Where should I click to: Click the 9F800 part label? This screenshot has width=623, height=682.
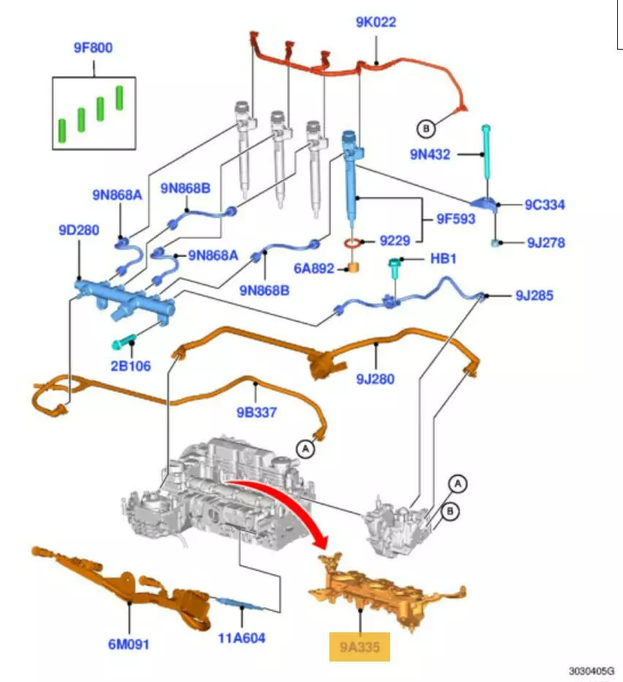click(93, 48)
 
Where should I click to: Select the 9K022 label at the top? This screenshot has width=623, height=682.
click(376, 22)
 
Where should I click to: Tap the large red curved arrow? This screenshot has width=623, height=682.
click(288, 508)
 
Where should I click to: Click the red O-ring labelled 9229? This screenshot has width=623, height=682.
click(353, 242)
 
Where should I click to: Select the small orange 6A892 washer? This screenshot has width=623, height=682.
click(353, 268)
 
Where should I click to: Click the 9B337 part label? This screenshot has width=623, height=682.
click(256, 412)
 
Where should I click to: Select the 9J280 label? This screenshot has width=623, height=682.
click(375, 379)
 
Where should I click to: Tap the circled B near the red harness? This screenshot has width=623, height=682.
click(426, 129)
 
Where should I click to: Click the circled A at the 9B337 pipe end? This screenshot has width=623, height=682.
click(305, 448)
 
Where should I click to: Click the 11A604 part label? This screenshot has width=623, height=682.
click(242, 638)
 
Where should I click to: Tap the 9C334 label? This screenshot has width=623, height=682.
click(544, 205)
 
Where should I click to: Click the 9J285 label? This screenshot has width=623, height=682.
click(534, 296)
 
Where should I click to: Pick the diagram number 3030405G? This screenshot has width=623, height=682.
click(592, 670)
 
